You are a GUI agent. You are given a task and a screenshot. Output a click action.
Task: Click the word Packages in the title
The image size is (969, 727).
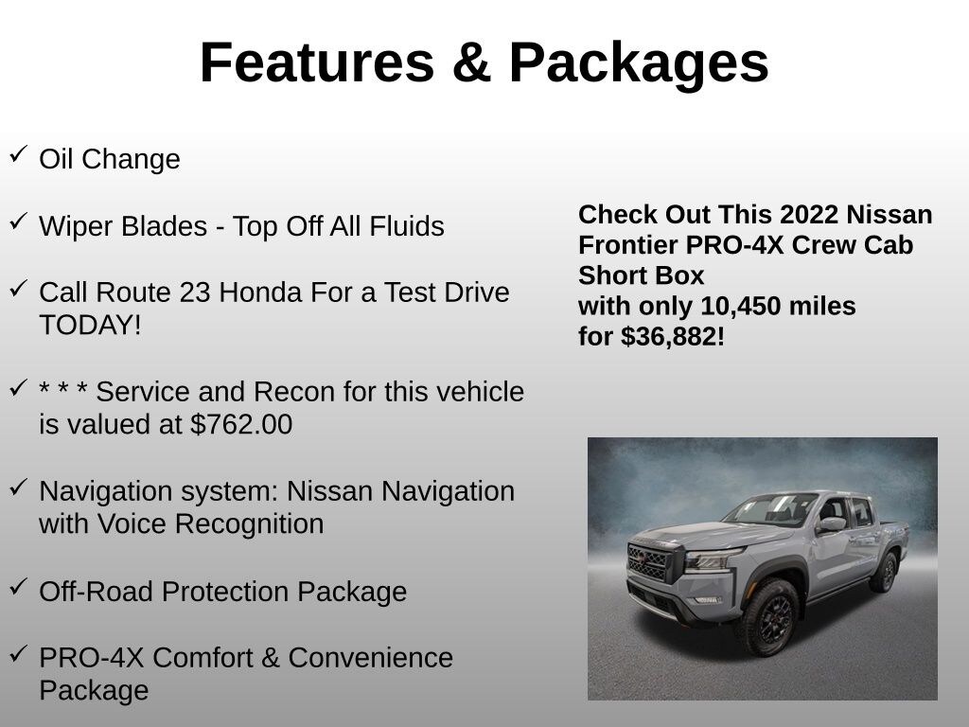coord(639,63)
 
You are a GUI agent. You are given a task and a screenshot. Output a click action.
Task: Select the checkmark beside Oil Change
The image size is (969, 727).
coord(18,154)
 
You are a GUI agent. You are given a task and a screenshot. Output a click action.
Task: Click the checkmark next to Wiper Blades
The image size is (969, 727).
coord(18,222)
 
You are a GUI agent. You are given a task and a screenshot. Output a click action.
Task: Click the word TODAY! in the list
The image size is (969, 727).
coord(90,326)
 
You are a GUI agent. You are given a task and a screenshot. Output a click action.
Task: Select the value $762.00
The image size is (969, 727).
coord(241,425)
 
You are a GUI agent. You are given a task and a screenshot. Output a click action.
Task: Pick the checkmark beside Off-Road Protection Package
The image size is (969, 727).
coord(18,587)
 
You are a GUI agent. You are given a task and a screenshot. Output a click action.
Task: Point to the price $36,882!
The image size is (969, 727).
coord(673,337)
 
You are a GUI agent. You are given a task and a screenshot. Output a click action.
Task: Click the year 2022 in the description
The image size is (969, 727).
coord(812,215)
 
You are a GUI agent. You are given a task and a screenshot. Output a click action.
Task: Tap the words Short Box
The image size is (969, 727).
coord(642,275)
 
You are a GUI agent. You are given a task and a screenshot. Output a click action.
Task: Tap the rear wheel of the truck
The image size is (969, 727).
coord(886,572)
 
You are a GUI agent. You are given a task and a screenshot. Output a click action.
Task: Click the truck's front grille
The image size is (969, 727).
coord(648,561)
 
